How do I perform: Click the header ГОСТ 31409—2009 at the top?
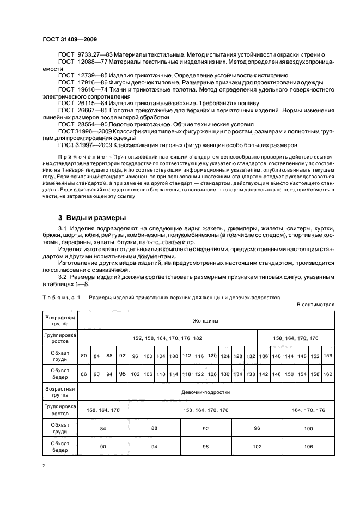[66, 40]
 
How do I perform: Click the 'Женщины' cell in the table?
[205, 320]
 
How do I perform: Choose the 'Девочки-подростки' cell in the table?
[205, 392]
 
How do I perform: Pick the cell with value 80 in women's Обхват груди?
[84, 356]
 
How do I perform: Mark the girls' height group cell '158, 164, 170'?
[103, 410]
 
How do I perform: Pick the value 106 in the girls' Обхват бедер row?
[308, 447]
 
